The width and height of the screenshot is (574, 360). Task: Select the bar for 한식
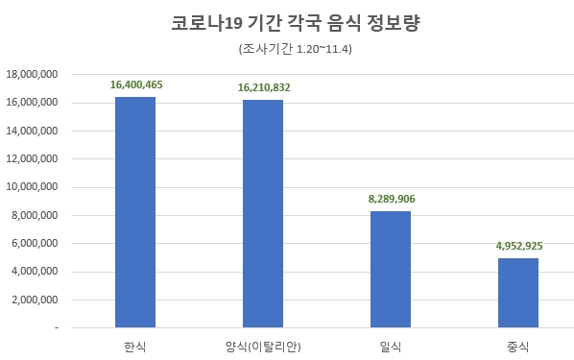coord(135,212)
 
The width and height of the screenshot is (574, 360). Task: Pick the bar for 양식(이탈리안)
coord(263,214)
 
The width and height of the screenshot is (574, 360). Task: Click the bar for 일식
coord(391,270)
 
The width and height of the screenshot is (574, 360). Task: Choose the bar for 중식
coord(518,293)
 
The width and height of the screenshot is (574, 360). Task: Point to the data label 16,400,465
coord(136,85)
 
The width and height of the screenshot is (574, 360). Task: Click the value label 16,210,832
coord(264,88)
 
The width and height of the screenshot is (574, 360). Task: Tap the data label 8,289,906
coord(391,200)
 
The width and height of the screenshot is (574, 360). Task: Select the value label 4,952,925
coord(518,247)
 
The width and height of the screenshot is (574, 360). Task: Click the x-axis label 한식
coord(135,345)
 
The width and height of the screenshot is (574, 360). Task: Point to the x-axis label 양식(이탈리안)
coord(263,345)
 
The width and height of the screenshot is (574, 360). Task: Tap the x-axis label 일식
coord(391,345)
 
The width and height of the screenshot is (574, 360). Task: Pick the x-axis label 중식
coord(518,345)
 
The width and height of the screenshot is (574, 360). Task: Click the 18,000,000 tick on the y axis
coord(33,74)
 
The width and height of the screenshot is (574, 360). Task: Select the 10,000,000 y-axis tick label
coord(33,187)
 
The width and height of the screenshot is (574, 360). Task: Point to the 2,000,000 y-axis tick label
coord(36,300)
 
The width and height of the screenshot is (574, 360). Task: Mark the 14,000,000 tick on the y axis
coord(33,131)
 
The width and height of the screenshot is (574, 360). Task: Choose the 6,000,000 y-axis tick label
coord(36,243)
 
